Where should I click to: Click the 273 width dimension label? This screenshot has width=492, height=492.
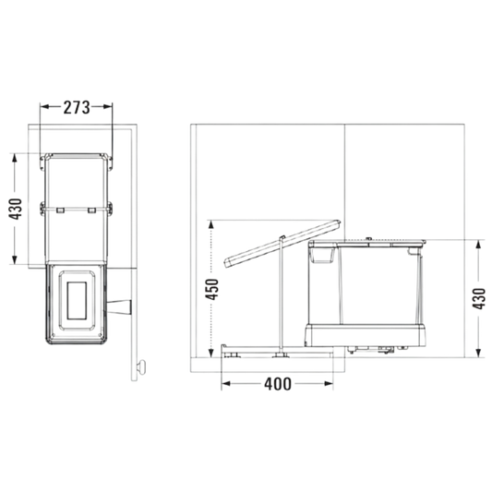(x=77, y=107)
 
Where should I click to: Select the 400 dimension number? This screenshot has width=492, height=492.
(x=278, y=384)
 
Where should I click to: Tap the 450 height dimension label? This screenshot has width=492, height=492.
(x=211, y=289)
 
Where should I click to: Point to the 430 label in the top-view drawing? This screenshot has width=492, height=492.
(x=15, y=209)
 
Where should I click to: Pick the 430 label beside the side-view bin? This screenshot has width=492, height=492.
(x=479, y=299)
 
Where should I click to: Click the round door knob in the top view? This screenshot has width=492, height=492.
(x=141, y=366)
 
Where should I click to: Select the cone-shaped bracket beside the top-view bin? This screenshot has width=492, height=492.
(x=119, y=306)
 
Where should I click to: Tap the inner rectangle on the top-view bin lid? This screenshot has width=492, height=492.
(x=77, y=300)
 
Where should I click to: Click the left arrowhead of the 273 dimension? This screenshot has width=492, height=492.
(x=44, y=107)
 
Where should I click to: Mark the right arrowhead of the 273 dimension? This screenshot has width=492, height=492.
(x=108, y=107)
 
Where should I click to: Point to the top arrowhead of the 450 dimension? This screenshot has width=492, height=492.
(x=210, y=225)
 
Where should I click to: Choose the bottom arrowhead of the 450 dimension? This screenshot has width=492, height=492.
(x=210, y=352)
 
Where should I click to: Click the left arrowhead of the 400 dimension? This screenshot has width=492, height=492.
(x=226, y=383)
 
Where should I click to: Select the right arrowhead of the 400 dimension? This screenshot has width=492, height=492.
(x=329, y=383)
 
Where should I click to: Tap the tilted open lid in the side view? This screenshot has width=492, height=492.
(x=282, y=244)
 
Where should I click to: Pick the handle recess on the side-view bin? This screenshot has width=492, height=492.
(x=321, y=255)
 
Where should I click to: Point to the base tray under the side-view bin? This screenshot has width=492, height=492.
(x=366, y=335)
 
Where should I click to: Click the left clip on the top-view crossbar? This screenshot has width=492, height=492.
(x=61, y=210)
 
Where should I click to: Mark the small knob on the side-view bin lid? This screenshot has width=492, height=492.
(x=369, y=239)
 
